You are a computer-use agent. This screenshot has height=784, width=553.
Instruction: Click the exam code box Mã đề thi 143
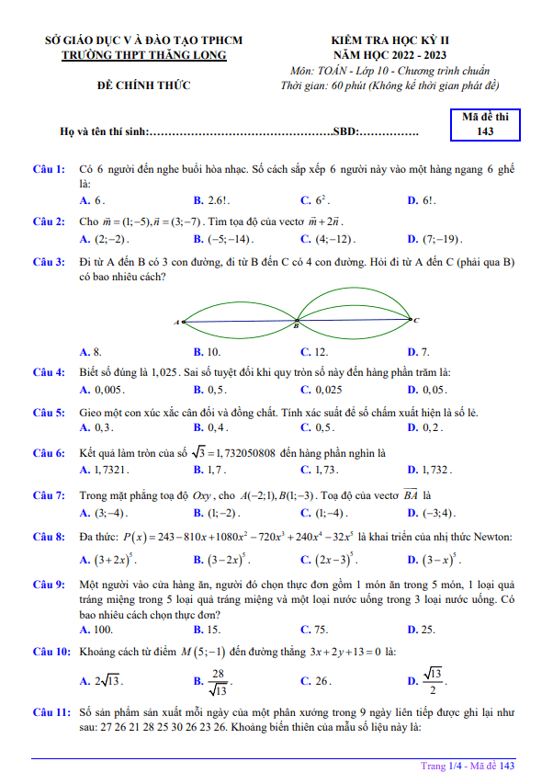tap(486, 124)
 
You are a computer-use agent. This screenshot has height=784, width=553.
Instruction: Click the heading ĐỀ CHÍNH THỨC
tap(144, 85)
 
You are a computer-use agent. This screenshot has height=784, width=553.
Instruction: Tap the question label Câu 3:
tap(49, 262)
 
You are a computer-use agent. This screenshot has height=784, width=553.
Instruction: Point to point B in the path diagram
tap(296, 324)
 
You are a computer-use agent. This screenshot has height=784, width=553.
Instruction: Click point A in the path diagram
tap(180, 322)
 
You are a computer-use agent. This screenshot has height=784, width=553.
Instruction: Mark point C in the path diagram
tap(415, 320)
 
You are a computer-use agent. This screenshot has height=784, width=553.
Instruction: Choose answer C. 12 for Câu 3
tap(314, 352)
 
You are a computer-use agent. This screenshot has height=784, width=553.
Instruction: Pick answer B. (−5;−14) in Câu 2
tap(218, 240)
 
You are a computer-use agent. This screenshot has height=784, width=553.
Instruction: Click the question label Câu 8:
tap(49, 536)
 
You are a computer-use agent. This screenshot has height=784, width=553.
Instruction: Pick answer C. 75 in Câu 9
tap(314, 630)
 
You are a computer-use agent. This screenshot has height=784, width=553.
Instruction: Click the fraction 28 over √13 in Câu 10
tap(219, 680)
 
